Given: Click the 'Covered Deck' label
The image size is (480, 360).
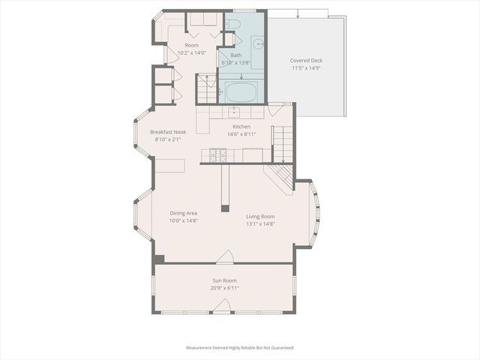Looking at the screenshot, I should point(306,60).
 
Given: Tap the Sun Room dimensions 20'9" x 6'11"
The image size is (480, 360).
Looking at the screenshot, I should point(224,288).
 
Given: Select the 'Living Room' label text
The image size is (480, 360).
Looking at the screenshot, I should point(261,216).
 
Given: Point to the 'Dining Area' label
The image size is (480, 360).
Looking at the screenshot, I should point(183,213).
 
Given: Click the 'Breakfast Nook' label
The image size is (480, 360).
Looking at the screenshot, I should point(168,131).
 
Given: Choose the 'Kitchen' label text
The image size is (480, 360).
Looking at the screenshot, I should point(241,127).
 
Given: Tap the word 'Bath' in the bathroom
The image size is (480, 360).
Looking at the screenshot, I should point(235,55).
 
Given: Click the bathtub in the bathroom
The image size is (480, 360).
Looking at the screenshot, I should point(241,93).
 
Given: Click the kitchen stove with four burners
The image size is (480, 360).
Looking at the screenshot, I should point(217,155).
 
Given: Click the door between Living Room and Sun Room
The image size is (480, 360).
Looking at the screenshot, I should point(224,259).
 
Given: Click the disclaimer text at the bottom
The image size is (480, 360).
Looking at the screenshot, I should point(240,348).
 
